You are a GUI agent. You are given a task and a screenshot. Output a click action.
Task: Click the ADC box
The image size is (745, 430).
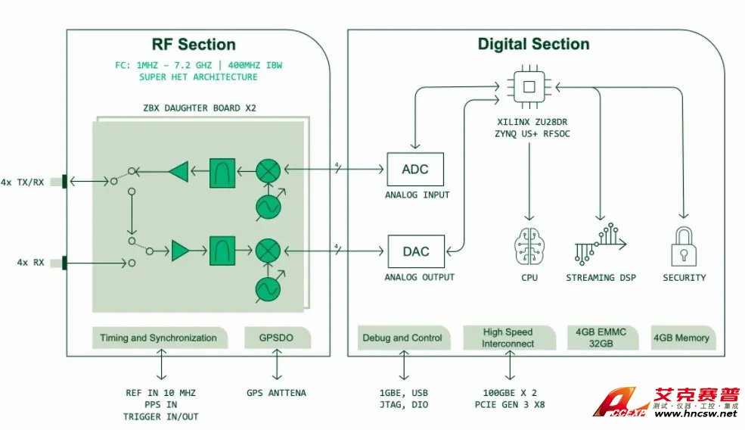tap(414, 170)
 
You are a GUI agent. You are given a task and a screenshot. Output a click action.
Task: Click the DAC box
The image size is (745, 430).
tap(414, 251)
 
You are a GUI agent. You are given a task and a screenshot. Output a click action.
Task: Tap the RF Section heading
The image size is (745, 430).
tap(194, 45)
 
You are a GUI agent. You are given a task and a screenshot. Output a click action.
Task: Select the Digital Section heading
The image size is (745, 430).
tap(533, 44)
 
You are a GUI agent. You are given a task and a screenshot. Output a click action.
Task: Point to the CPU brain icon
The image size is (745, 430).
tap(529, 247)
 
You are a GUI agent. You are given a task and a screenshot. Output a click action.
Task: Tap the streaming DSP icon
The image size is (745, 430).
tap(601, 244)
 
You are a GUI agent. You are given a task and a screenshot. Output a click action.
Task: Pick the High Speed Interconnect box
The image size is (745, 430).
tap(508, 338)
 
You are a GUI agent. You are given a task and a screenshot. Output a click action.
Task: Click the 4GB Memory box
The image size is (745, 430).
tap(684, 338)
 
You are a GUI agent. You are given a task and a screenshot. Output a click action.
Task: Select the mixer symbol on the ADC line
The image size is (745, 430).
tap(267, 170)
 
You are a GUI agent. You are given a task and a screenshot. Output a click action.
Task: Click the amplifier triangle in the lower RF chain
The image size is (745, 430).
tap(181, 249)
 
